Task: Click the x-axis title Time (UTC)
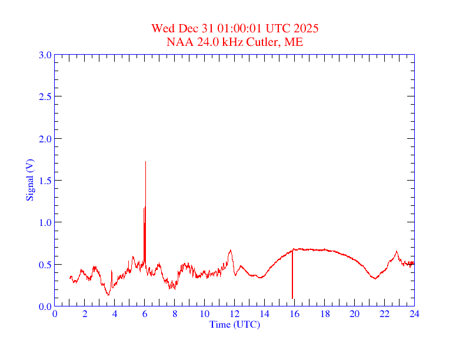(235, 324)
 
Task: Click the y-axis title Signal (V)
(29, 180)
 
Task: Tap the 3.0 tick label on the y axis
(45, 55)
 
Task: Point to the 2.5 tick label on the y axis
(45, 96)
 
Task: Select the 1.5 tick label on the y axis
(45, 181)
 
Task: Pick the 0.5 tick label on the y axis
(45, 265)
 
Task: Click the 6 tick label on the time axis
(145, 314)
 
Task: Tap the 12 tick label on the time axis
(235, 314)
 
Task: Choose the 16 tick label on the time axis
(295, 314)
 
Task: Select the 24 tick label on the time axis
(414, 314)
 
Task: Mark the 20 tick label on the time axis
(354, 314)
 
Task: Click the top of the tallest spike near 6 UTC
(145, 162)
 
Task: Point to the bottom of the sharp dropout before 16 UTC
(292, 298)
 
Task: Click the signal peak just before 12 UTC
(231, 251)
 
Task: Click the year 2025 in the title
(307, 28)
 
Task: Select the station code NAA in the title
(178, 42)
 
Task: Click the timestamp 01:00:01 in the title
(241, 28)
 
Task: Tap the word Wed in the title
(162, 28)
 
